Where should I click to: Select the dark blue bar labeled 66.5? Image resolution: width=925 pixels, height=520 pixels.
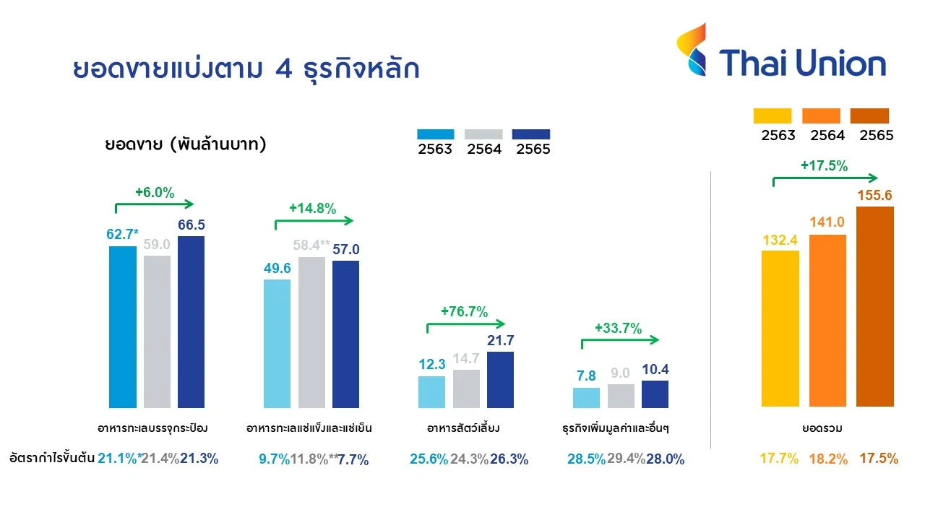coord(191,321)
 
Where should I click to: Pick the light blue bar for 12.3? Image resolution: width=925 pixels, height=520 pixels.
coord(431,392)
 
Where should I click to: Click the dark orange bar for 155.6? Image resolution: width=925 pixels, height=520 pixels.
coord(874,307)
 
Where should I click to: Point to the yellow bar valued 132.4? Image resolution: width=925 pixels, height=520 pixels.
coord(780,329)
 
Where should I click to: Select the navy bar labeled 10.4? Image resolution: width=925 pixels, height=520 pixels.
coord(655,394)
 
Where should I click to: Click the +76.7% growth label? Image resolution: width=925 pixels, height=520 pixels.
coord(464,312)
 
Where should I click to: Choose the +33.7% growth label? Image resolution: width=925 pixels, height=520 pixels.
coord(618,328)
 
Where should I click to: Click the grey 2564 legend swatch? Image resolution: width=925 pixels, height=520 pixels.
coord(483,134)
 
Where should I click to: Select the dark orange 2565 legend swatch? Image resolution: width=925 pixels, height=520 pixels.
coord(869,116)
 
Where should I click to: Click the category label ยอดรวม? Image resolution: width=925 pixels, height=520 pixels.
coord(823,428)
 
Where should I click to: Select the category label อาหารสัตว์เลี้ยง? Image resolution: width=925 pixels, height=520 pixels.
coord(465,428)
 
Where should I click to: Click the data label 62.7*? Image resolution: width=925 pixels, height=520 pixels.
coord(122,234)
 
